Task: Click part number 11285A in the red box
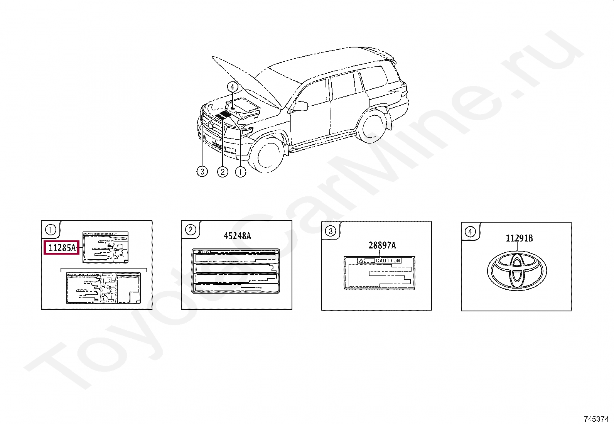pos(62,248)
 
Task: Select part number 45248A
pos(237,236)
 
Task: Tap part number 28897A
pos(382,245)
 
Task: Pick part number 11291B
pos(519,238)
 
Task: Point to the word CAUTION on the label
pos(388,261)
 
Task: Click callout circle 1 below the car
pos(240,172)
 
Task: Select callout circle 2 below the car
pos(223,172)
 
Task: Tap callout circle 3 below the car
pos(202,172)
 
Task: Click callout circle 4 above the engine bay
pos(232,87)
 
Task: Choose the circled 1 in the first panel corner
pos(51,230)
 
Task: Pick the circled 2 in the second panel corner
pos(191,230)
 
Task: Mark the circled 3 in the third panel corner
pos(331,231)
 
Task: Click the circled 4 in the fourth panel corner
pos(470,231)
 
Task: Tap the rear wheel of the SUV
pos(372,127)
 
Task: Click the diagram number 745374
pos(596,419)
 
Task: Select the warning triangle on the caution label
pos(361,261)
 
